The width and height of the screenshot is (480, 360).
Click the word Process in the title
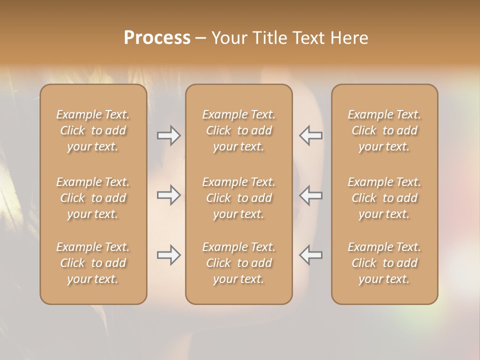coord(157,38)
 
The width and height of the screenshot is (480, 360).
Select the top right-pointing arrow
coord(169,135)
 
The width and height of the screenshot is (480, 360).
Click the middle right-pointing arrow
coord(169,195)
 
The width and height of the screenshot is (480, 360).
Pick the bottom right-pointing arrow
coord(169,255)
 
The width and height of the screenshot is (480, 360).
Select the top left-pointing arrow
coord(310,135)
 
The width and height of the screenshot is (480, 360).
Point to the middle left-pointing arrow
coord(310,195)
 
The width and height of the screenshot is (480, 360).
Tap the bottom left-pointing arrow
coord(310,255)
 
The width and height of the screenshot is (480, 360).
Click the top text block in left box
coord(93,130)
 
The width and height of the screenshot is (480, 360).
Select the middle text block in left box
coord(93,198)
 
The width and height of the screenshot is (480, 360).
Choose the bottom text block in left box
coord(93,263)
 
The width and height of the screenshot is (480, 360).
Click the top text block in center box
coord(238,130)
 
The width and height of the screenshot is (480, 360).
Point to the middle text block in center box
coord(238,198)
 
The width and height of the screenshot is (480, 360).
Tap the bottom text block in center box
coord(238,263)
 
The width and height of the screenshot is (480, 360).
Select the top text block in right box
coord(384,130)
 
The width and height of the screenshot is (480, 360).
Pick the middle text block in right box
coord(384,198)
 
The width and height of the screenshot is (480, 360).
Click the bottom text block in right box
coord(384,263)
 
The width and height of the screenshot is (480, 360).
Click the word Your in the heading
coord(228,38)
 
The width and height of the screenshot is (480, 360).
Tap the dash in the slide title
coord(200,38)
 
